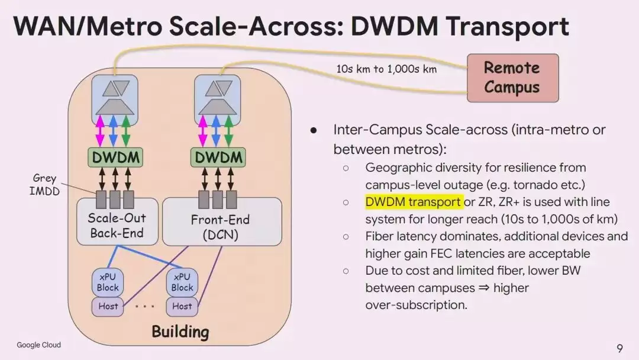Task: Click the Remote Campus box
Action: pos(512,78)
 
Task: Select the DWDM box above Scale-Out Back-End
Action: pos(115,157)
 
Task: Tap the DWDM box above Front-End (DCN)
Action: pos(218,157)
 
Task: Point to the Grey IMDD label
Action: pos(44,185)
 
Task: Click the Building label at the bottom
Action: pos(180,332)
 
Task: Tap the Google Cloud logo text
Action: pos(38,345)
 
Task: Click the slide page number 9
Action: pos(620,348)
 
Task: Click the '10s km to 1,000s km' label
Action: pos(386,69)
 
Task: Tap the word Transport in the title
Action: pos(508,27)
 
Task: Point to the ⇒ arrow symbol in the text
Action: pos(484,288)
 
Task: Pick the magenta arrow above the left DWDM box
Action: pos(100,131)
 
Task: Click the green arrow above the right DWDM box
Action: pos(228,131)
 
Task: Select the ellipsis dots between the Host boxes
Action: pos(145,306)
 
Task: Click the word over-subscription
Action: pos(416,305)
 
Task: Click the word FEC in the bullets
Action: pos(442,253)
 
